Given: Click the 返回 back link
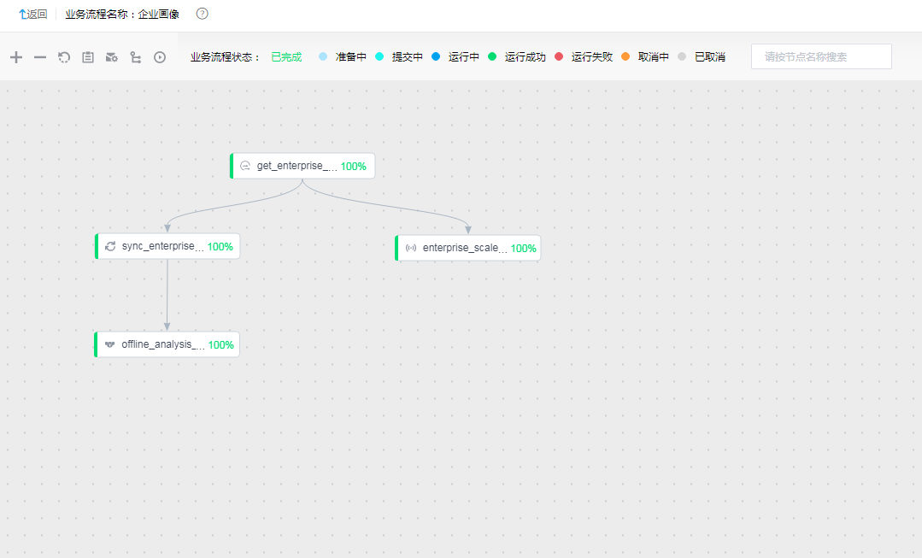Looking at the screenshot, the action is tap(33, 15).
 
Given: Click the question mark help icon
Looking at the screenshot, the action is tap(203, 14).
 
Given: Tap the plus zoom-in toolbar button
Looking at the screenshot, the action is tap(16, 57).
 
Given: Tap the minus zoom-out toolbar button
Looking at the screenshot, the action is tap(40, 57).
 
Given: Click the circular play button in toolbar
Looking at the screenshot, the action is tap(160, 57).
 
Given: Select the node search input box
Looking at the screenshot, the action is tap(821, 56).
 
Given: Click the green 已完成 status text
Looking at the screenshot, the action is tap(286, 57).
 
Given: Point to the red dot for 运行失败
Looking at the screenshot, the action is tap(559, 56).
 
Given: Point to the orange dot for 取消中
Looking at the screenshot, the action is tap(625, 56).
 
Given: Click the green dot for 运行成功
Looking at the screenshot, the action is tap(492, 56).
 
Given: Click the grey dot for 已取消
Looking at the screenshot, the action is tap(682, 56).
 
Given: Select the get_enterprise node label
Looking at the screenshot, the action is tap(297, 166).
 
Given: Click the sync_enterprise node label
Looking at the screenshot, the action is tap(163, 246).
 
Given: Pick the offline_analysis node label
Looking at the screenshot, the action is tap(163, 344).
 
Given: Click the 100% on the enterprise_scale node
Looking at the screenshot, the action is tap(523, 248).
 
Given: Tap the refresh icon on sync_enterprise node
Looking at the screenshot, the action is tap(110, 246).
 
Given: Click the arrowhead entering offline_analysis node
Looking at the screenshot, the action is tap(167, 326).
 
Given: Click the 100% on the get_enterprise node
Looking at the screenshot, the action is tap(354, 167).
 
